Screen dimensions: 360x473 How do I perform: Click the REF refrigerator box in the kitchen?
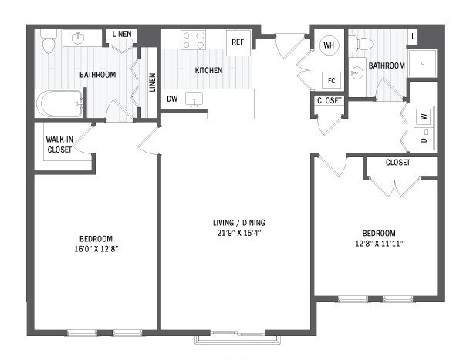tap(237, 42)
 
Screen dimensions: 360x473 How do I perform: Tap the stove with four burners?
tap(194, 39)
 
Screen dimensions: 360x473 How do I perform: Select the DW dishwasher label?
tap(172, 98)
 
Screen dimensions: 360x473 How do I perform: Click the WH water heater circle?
tap(329, 45)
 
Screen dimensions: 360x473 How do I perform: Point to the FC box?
tap(332, 80)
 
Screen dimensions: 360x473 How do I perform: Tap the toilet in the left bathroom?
tap(49, 43)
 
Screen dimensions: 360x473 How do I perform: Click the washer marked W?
tap(424, 118)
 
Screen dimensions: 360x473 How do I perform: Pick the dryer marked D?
tap(424, 140)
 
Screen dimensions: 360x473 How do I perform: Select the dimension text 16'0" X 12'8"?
tap(96, 248)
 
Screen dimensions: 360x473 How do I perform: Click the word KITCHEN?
tap(208, 70)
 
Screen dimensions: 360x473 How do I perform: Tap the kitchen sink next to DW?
tap(196, 99)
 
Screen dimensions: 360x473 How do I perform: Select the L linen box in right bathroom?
tap(413, 36)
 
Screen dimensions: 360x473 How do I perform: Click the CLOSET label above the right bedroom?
tap(397, 163)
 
